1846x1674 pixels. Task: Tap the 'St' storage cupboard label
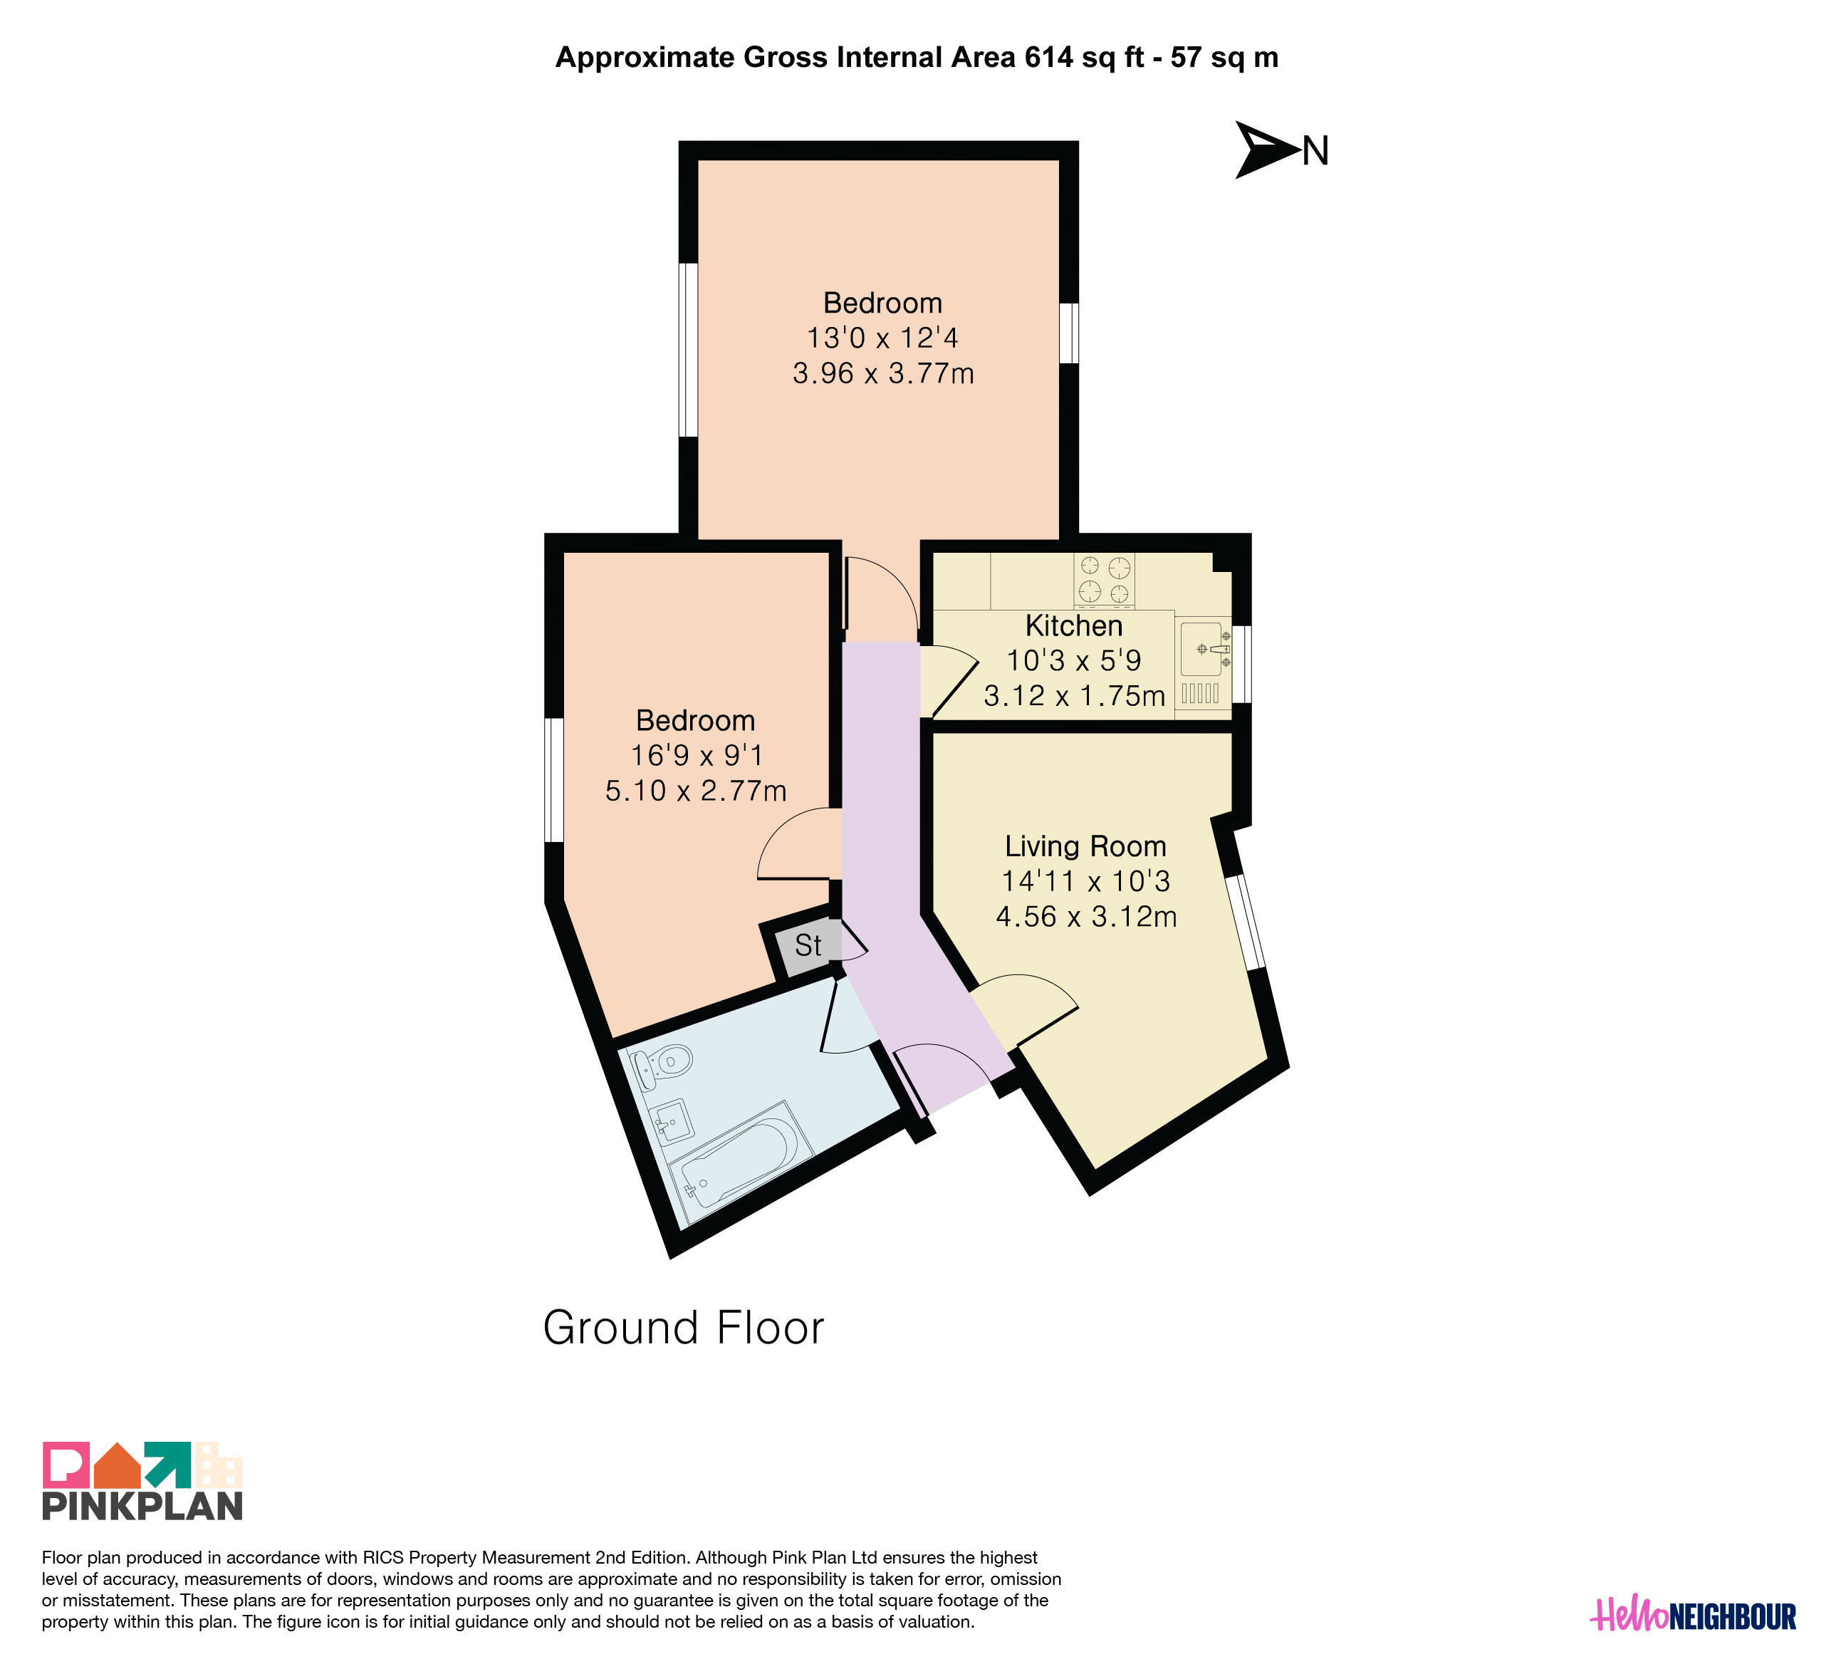[x=808, y=945]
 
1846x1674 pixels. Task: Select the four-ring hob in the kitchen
[x=1105, y=581]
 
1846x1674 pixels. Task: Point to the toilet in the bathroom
[x=660, y=1065]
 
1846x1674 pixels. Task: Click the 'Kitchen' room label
[x=1073, y=625]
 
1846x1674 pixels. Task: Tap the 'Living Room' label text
[x=1085, y=846]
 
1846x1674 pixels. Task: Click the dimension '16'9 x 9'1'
[x=696, y=756]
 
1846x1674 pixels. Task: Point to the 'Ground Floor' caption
[x=683, y=1328]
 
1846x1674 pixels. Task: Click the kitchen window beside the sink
[x=1241, y=664]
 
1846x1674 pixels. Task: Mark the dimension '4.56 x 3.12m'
[x=1086, y=917]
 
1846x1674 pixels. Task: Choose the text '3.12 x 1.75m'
[x=1074, y=696]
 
